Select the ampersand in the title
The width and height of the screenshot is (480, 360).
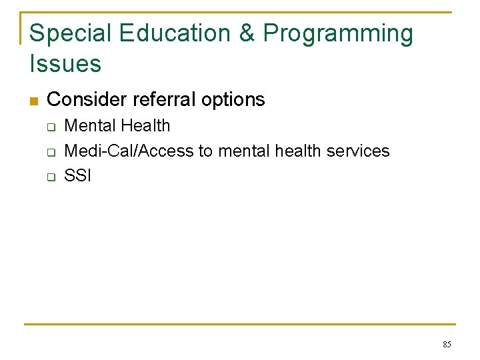(x=247, y=33)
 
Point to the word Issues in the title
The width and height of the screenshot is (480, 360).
(x=65, y=64)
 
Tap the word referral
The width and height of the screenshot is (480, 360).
(x=164, y=100)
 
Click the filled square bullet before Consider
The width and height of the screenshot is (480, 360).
(x=34, y=101)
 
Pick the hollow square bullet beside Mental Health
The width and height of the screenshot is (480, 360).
(x=49, y=127)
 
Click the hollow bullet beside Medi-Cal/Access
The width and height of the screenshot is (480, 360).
(x=49, y=152)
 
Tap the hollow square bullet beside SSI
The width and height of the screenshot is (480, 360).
(x=49, y=177)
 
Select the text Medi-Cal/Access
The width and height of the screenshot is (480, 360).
(x=129, y=151)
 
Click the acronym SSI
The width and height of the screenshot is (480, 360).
(x=77, y=177)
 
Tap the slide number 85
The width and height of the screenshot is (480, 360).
(x=447, y=345)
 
